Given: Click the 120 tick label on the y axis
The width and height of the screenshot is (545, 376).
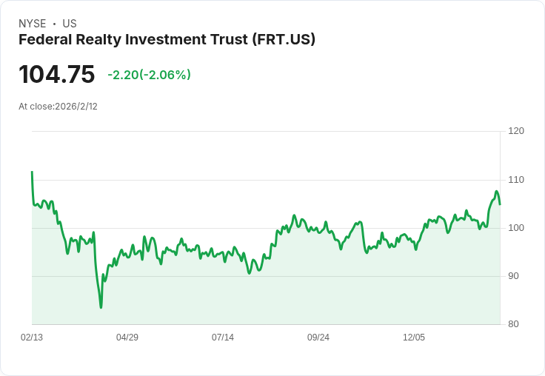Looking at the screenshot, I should (x=516, y=131).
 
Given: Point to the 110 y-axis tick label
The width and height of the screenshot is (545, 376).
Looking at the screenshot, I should (x=516, y=179).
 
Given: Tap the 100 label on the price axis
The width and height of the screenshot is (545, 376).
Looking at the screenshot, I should (x=516, y=227).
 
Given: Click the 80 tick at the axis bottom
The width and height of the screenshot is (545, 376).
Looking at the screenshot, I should (x=514, y=323).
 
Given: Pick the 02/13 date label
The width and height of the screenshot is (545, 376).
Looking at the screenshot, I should (x=32, y=338).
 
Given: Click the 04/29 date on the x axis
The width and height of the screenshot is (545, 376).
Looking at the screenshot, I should (x=127, y=338).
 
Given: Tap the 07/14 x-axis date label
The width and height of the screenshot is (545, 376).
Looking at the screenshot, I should (x=223, y=338).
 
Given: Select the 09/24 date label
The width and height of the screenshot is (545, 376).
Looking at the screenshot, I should (x=318, y=338).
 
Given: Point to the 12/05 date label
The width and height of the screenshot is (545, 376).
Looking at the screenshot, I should (x=414, y=338).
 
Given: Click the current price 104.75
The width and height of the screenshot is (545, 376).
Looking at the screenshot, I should (x=57, y=75).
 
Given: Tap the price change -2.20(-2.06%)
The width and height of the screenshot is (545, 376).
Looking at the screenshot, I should (x=149, y=75).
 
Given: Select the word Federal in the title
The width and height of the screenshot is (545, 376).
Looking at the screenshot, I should (x=44, y=40).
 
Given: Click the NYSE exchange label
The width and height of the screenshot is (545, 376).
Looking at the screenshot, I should (x=33, y=24).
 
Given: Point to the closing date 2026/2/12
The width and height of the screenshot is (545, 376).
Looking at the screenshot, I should (x=76, y=107).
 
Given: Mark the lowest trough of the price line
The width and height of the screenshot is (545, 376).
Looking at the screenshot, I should (x=101, y=306).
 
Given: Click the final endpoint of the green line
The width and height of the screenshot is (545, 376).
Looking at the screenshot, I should (x=500, y=204).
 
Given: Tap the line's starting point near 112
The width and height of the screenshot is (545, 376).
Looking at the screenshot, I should (x=32, y=172).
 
